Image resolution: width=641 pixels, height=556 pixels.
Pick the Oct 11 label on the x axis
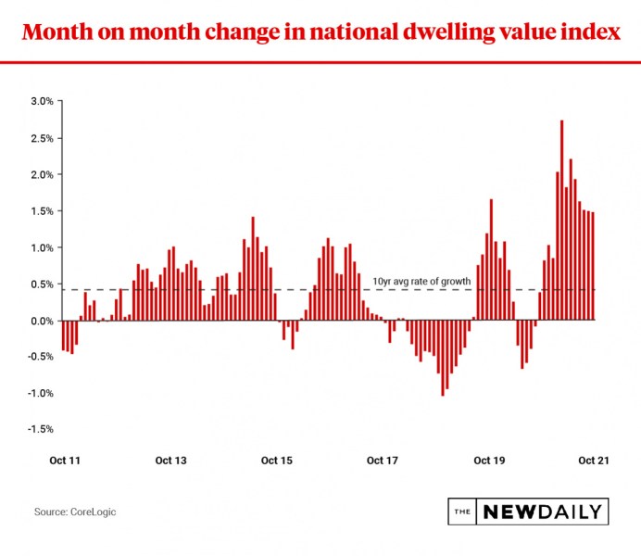click(x=64, y=461)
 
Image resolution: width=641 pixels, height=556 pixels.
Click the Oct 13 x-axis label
click(x=170, y=461)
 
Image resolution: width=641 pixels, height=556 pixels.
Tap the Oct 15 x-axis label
click(x=277, y=461)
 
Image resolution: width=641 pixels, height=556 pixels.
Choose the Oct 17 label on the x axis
click(x=383, y=461)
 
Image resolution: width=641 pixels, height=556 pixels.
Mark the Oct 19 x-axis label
click(x=488, y=461)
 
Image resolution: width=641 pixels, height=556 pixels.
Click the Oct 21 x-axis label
click(x=593, y=461)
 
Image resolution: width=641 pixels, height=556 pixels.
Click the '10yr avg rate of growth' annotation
click(x=421, y=281)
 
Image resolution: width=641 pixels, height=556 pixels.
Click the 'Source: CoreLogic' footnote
click(x=75, y=512)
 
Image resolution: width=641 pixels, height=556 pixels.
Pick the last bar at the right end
click(x=593, y=267)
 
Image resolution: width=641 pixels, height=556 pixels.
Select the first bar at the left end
click(x=63, y=335)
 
